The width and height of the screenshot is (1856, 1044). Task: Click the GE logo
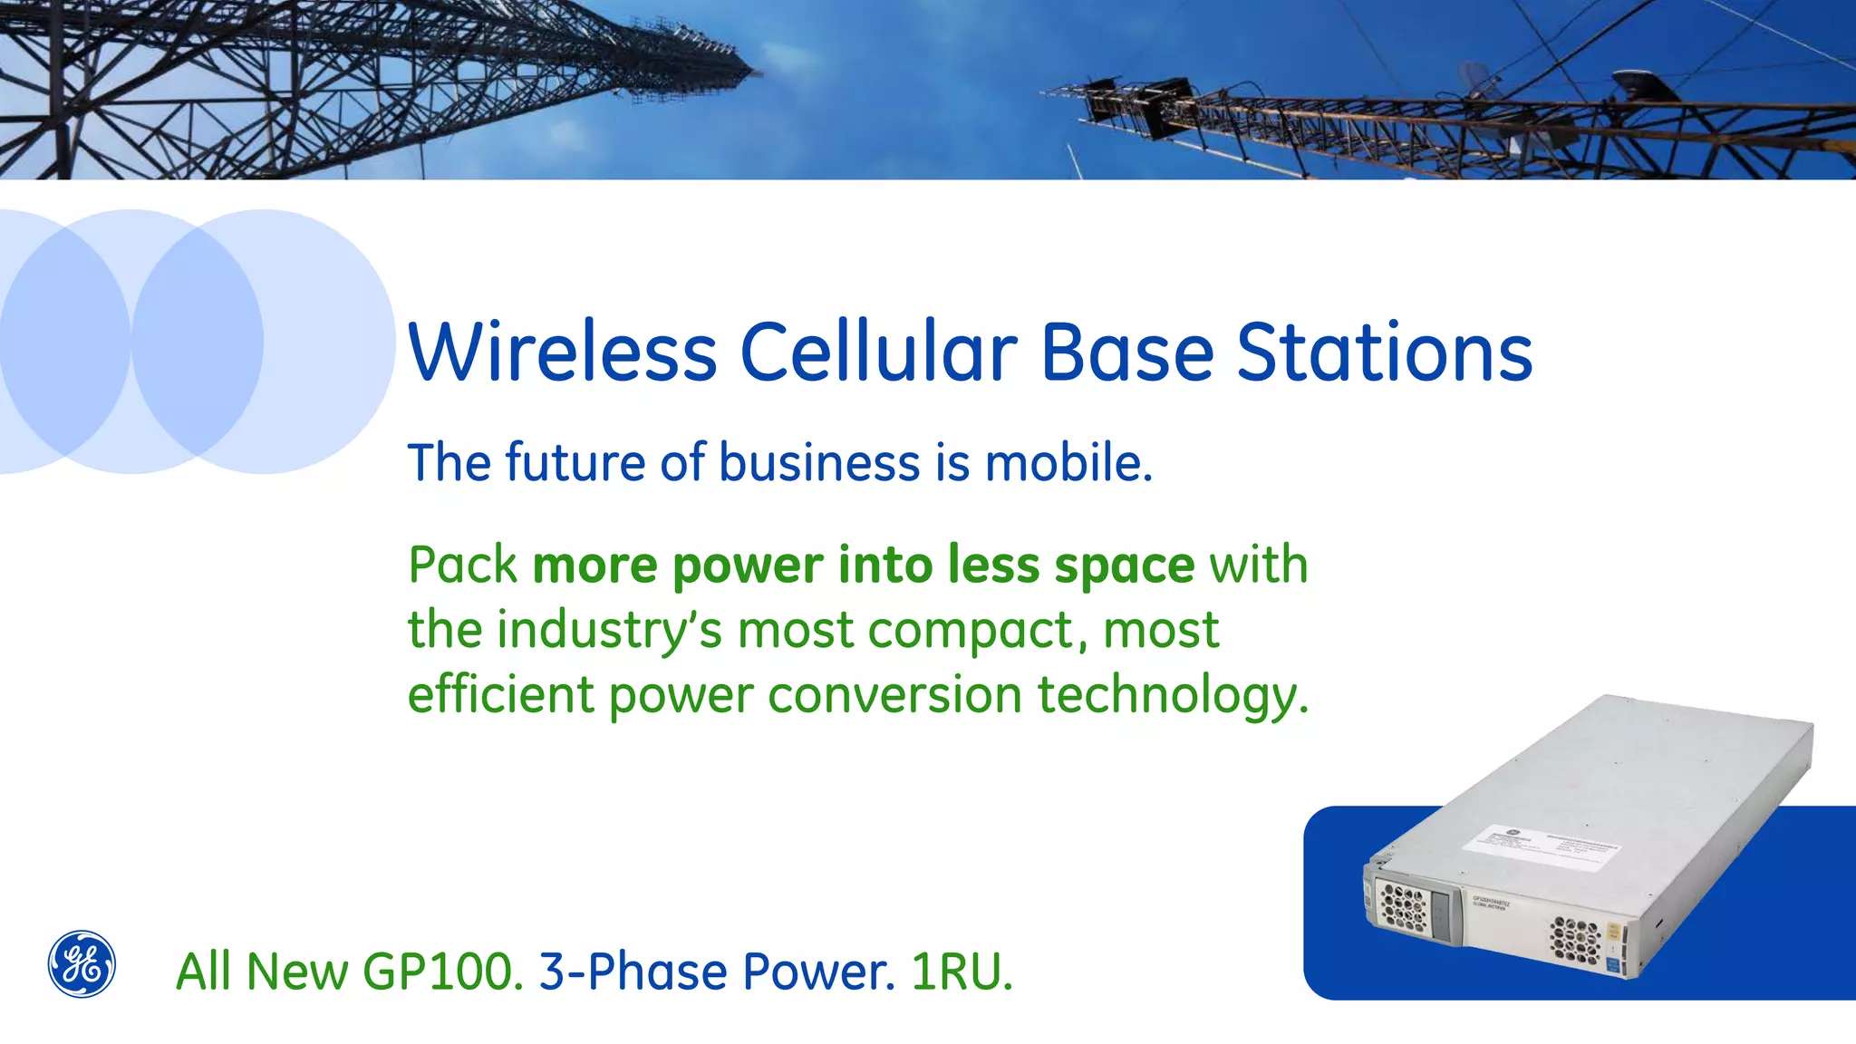pyautogui.click(x=82, y=964)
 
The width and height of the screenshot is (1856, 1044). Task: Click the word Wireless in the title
pyautogui.click(x=563, y=353)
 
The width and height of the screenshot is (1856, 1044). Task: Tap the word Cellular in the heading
pyautogui.click(x=878, y=353)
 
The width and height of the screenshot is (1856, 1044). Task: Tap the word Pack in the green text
pyautogui.click(x=462, y=565)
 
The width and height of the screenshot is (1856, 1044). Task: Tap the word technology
pyautogui.click(x=1173, y=697)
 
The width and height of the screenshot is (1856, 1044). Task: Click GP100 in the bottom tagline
pyautogui.click(x=443, y=972)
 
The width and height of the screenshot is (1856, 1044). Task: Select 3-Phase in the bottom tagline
pyautogui.click(x=633, y=972)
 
